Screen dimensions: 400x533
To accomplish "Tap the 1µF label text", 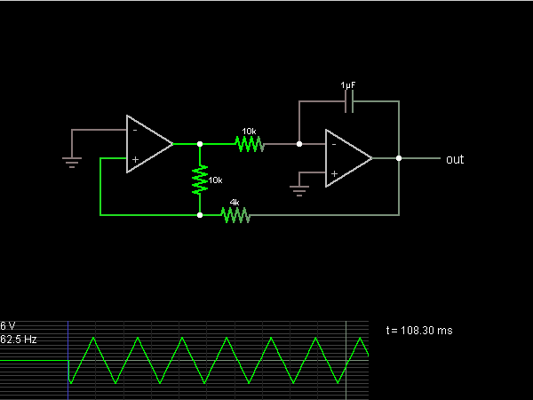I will tap(349, 85).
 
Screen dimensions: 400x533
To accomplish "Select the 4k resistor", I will tap(235, 214).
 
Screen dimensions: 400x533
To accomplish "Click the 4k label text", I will tap(235, 203).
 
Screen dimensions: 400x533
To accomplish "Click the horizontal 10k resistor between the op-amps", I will tap(249, 143).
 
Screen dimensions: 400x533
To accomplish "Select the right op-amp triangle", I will tap(347, 158).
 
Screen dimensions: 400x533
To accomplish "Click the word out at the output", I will tap(455, 160).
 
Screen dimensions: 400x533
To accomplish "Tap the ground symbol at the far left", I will tap(73, 161).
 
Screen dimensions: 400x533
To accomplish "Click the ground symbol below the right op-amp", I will tap(299, 190).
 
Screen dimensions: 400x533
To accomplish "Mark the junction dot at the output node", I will tap(399, 158).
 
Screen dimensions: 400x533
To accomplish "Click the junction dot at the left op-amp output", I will tap(199, 143).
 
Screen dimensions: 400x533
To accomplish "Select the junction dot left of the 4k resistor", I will tap(199, 214).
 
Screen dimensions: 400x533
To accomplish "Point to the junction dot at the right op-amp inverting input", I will tap(299, 143).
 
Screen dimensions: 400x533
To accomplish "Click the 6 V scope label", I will tap(8, 326).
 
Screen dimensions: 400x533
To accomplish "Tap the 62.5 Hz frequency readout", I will tap(18, 340).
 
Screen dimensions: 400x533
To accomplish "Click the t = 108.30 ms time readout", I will tap(419, 331).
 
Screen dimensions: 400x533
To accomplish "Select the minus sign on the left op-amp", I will tap(135, 130).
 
